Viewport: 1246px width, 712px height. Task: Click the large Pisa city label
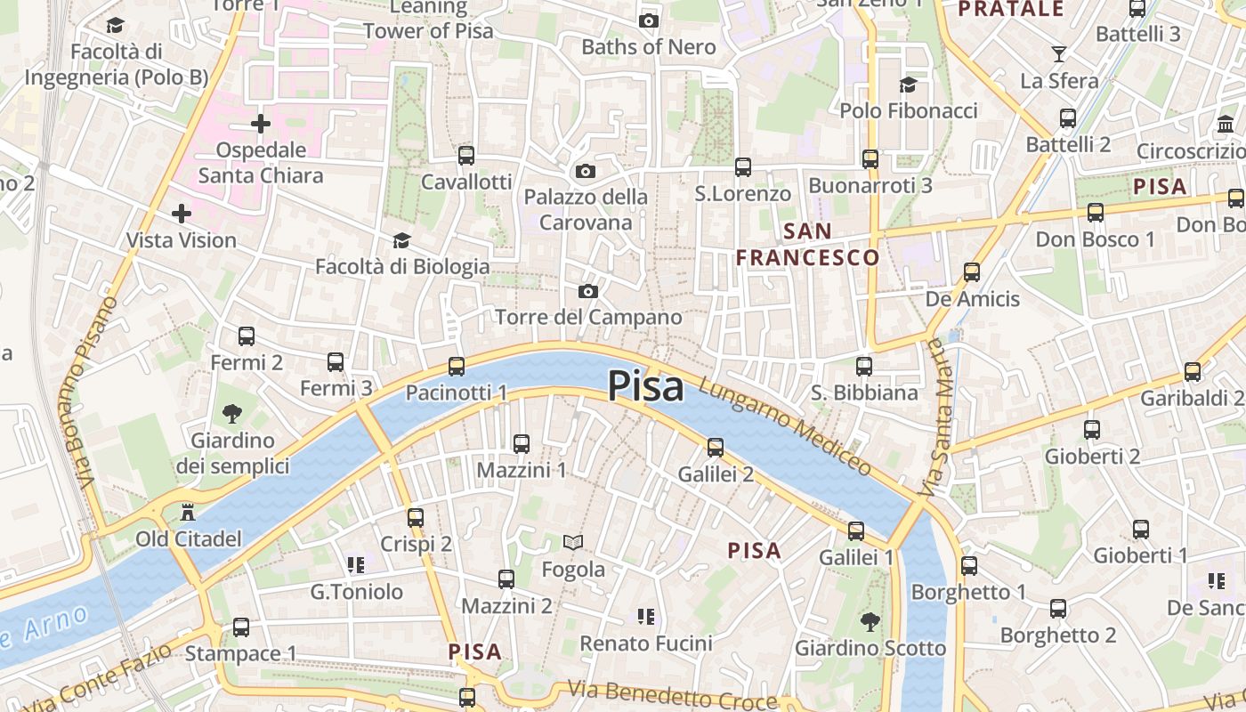click(646, 387)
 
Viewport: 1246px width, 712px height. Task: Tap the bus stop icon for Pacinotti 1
click(457, 366)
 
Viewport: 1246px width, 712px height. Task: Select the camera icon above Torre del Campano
click(587, 291)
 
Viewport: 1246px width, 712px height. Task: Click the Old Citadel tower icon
click(188, 513)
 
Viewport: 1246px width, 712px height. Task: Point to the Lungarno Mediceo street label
click(785, 425)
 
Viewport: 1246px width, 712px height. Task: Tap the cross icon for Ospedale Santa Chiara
click(260, 124)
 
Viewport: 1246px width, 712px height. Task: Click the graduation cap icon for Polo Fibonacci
click(908, 85)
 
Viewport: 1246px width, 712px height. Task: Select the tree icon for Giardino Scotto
click(870, 622)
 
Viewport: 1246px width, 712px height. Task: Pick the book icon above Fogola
click(573, 542)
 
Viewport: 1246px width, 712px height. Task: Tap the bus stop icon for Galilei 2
click(716, 448)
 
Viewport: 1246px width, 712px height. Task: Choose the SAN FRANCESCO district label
click(807, 245)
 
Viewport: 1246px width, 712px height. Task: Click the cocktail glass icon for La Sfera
click(1058, 54)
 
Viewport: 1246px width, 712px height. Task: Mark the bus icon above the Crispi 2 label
click(416, 517)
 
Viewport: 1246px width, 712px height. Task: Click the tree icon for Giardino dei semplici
click(231, 414)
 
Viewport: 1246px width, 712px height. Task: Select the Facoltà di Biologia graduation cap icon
click(401, 241)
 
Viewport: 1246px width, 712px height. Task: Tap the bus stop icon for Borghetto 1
click(969, 565)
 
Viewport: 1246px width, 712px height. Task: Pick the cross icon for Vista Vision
click(182, 214)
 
